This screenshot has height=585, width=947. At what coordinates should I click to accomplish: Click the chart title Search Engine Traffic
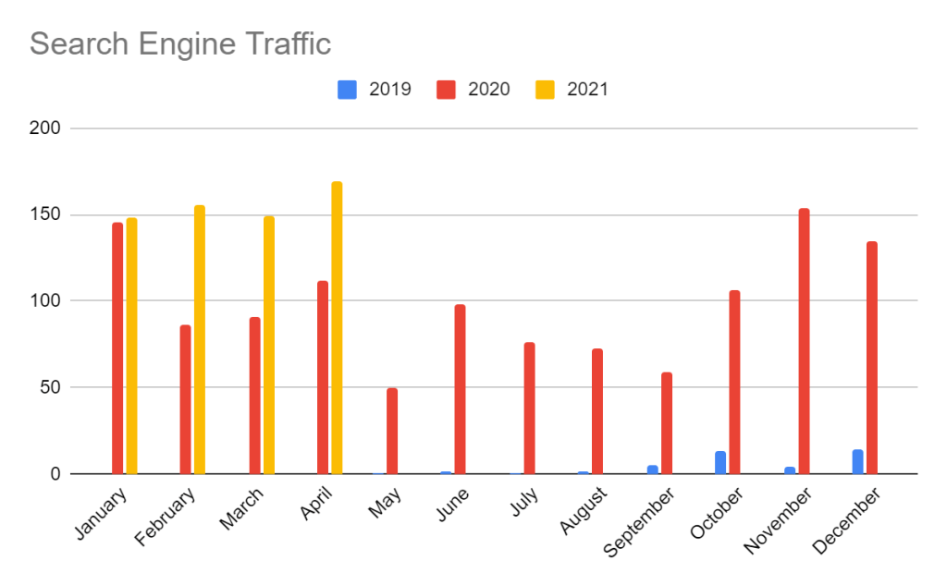[180, 43]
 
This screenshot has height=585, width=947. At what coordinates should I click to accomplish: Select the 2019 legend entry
[374, 90]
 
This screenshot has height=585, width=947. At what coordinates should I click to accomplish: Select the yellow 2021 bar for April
[337, 328]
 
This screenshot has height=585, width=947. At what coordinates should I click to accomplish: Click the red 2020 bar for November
[804, 341]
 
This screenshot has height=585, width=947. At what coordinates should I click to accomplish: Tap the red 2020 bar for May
[392, 431]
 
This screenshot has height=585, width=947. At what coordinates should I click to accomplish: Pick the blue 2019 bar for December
[857, 462]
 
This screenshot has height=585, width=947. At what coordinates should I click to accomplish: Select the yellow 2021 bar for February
[199, 339]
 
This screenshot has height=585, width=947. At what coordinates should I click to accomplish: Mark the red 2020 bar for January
[117, 348]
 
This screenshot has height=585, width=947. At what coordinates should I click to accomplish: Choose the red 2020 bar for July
[529, 408]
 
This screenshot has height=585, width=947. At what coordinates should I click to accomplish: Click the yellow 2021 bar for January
[131, 346]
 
